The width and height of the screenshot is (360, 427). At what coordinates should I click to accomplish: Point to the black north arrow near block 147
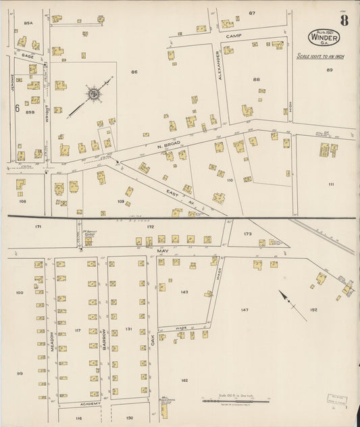point(292,305)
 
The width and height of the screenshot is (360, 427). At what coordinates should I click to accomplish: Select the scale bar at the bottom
point(236,401)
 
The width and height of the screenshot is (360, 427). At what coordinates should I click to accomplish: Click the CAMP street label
point(234,34)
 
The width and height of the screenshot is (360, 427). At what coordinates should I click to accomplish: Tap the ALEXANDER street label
point(219,66)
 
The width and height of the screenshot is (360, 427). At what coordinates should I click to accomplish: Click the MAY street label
point(162,249)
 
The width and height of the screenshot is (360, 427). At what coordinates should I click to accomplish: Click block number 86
point(134,72)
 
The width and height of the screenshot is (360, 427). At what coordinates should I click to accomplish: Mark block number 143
point(184,293)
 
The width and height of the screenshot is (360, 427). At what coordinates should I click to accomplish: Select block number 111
point(331,184)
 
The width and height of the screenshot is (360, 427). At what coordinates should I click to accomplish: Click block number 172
point(151,226)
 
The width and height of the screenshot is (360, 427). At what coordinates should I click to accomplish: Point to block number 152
point(313,309)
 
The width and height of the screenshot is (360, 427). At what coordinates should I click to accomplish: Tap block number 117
point(78,330)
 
